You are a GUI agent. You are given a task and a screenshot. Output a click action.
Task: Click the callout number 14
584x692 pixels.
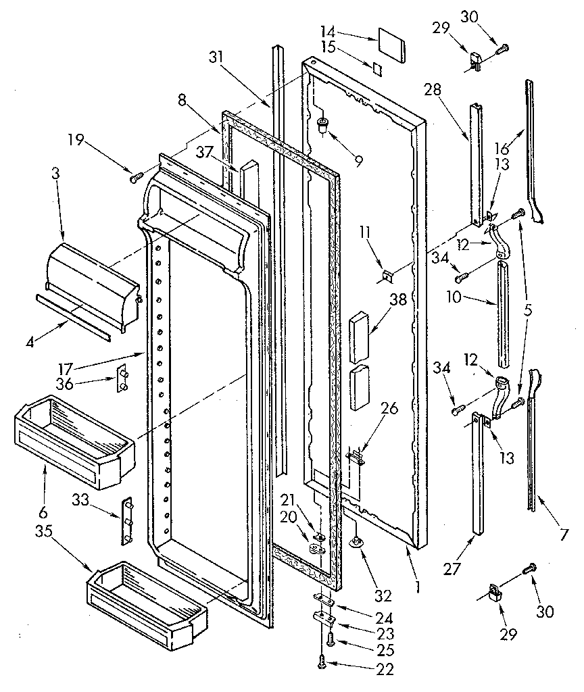pos(327,31)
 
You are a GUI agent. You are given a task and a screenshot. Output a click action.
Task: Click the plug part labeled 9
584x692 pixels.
pos(323,124)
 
